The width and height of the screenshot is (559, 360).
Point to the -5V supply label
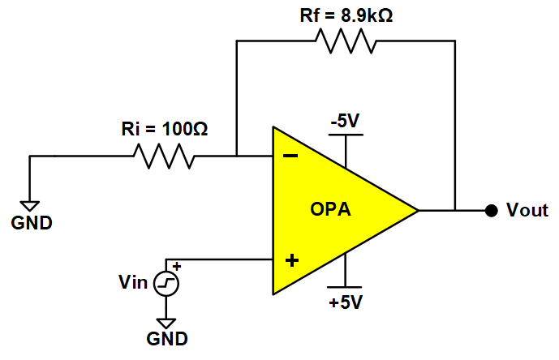tap(344, 122)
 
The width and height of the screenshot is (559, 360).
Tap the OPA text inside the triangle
tap(331, 211)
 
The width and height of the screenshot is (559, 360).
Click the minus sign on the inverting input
tap(290, 156)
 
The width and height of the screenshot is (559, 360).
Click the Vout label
tap(527, 211)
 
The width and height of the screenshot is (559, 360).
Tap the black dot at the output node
tap(490, 211)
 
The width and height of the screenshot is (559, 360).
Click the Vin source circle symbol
tap(167, 283)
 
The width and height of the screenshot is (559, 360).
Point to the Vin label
tap(133, 283)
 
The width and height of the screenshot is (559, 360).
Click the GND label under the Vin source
tap(167, 339)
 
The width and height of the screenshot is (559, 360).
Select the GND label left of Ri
tap(31, 222)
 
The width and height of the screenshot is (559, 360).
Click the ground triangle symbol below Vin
tap(167, 324)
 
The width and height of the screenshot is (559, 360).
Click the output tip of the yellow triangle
tap(416, 211)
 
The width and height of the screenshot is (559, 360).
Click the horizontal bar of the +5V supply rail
tap(345, 287)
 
